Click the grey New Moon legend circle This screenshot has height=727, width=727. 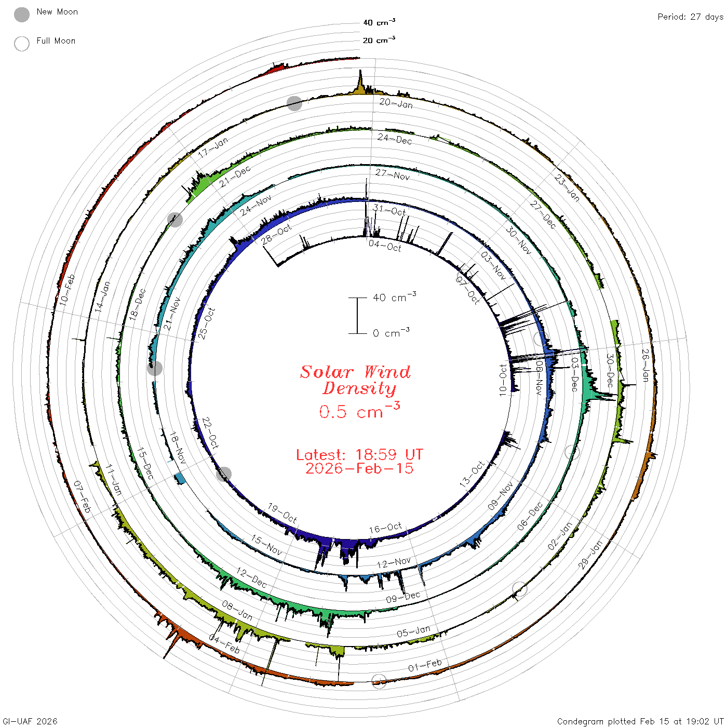(x=22, y=15)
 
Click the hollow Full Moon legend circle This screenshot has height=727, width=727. (x=22, y=44)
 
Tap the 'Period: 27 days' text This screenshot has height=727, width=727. (x=690, y=17)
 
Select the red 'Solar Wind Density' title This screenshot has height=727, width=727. (x=355, y=380)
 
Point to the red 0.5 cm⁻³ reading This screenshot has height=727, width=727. (x=359, y=410)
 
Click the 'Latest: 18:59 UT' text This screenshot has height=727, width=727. (x=359, y=454)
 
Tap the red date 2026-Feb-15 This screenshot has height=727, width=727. (x=359, y=468)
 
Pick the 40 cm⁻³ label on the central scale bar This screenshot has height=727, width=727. (x=395, y=297)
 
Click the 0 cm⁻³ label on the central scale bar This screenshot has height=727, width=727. (x=391, y=332)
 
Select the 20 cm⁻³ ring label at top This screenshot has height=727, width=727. (x=379, y=39)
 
